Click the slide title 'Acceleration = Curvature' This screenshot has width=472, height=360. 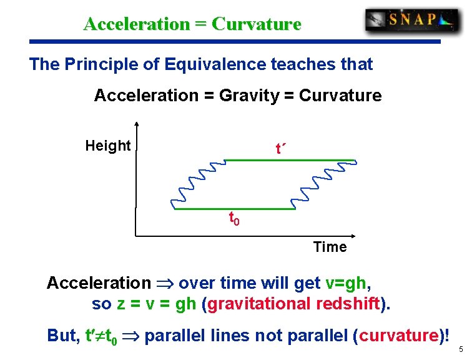[x=192, y=24]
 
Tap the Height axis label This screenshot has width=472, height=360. [x=107, y=146]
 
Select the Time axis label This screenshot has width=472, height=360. [x=330, y=247]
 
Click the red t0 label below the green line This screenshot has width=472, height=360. [x=234, y=219]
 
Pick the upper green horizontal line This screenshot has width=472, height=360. [x=290, y=161]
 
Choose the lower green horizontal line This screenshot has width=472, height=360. [x=234, y=209]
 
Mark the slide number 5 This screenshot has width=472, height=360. [x=460, y=350]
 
